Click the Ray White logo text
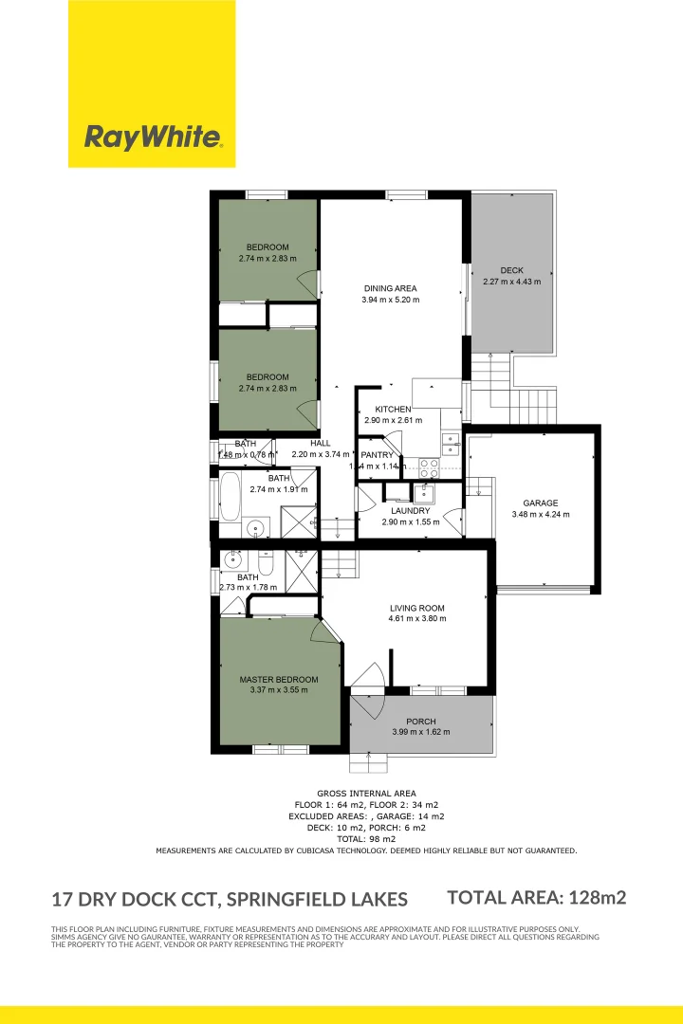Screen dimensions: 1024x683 pos(153,137)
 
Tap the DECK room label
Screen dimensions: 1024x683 pos(512,271)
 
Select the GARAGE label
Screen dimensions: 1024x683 pos(541,503)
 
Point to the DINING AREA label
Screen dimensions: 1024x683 pos(390,289)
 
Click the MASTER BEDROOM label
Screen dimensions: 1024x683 pos(279,680)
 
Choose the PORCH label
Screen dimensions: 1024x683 pos(421,722)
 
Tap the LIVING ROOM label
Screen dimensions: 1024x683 pos(417,609)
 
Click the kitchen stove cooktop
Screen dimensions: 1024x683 pos(427,466)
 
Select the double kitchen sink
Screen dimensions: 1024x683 pos(451,443)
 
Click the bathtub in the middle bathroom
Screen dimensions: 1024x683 pos(231,497)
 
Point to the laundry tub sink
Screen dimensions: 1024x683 pos(423,493)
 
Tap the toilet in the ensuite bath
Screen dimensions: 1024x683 pos(267,566)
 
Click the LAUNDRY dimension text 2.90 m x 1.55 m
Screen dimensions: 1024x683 pos(406,522)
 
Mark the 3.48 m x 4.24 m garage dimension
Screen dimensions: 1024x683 pos(541,515)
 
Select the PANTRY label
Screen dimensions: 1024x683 pos(377,455)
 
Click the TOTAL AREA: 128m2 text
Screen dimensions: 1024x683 pos(536,897)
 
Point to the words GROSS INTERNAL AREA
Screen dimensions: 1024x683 pos(366,794)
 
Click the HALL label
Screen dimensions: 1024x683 pos(321,443)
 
